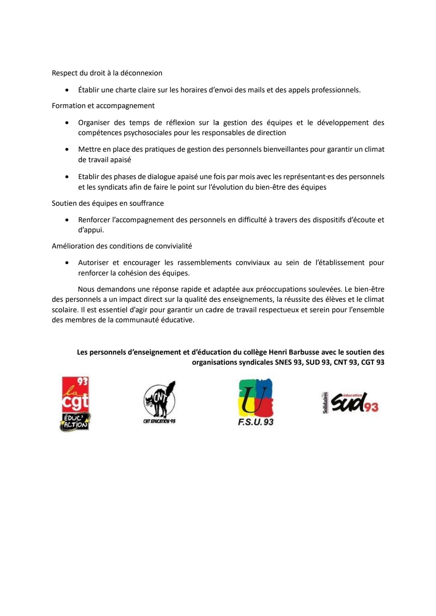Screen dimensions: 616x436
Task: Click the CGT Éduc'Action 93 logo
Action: (75, 403)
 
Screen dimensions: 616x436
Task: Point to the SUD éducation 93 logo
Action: (350, 403)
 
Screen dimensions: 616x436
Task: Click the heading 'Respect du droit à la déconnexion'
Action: (107, 73)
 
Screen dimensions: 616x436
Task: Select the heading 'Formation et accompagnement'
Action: (103, 106)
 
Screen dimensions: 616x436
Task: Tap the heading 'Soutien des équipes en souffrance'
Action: (108, 203)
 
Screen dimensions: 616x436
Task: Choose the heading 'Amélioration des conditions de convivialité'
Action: (122, 246)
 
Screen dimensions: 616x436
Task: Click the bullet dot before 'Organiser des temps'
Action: (67, 123)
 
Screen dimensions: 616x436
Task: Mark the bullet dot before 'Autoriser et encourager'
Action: (67, 263)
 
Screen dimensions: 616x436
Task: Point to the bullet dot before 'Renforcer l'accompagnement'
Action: (67, 220)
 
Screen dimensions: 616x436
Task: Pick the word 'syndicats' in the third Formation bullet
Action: (113, 187)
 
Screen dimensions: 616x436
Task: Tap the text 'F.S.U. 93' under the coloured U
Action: (256, 422)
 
